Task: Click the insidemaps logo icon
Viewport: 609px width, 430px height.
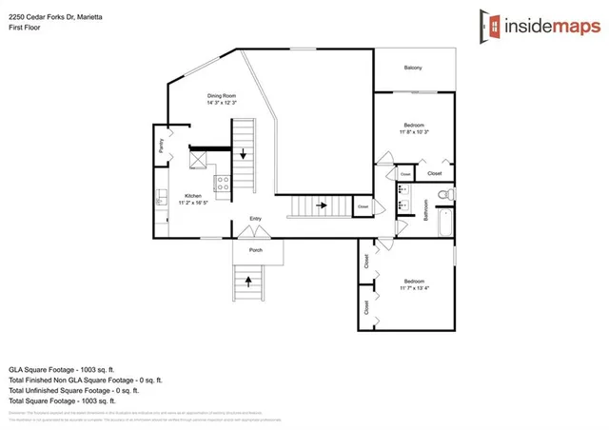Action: click(492, 25)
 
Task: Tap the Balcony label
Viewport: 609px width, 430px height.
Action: click(413, 68)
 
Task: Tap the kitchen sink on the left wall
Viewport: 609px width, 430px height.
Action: click(160, 199)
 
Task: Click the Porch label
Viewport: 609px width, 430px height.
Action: click(256, 250)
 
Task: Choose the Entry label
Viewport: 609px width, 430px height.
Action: click(255, 220)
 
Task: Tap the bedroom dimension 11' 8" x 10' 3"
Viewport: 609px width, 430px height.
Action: click(413, 131)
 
